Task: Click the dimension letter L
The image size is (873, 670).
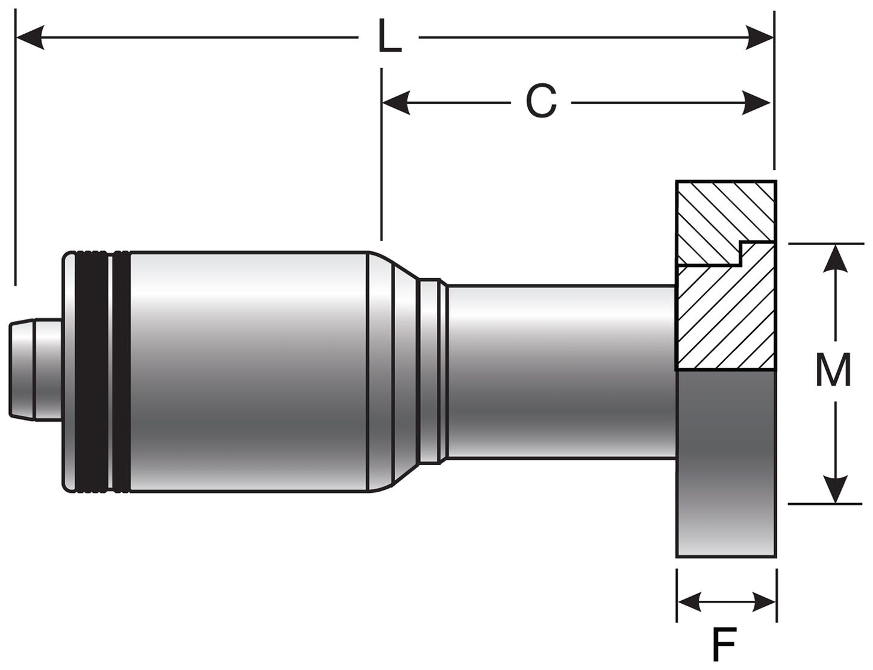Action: [x=389, y=37]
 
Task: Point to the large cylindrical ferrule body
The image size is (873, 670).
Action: [x=247, y=371]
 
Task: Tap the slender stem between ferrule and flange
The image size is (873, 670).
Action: [x=560, y=371]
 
